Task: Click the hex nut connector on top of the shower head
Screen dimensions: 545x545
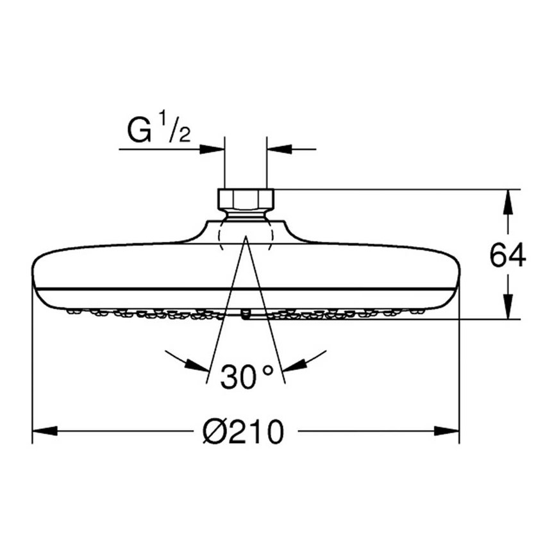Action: (246, 198)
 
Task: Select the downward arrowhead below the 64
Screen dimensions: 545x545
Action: (508, 306)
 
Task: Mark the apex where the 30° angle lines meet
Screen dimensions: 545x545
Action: (246, 237)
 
